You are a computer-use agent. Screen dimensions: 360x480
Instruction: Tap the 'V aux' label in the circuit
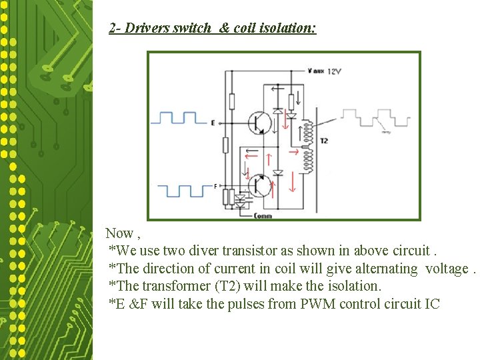coord(316,71)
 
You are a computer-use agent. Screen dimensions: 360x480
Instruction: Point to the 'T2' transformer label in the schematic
coord(324,141)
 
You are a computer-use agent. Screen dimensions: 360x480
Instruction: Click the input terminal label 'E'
coord(213,123)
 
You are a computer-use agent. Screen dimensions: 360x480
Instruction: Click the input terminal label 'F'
coord(215,185)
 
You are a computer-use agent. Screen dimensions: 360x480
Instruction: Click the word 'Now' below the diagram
coord(119,233)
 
